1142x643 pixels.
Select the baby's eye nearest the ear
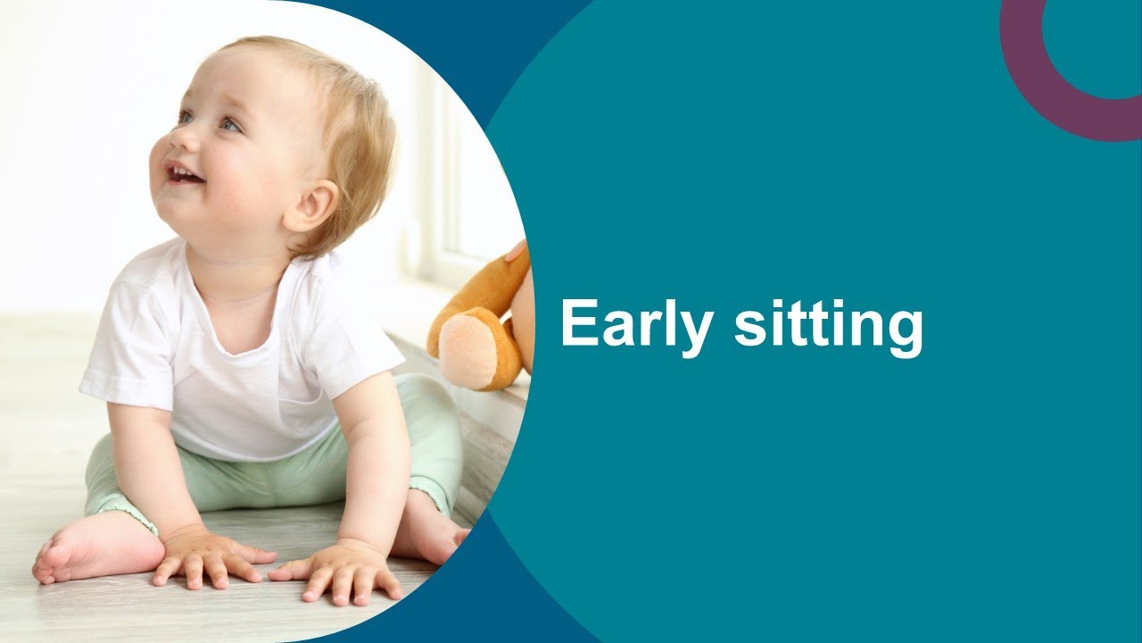pos(229,125)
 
